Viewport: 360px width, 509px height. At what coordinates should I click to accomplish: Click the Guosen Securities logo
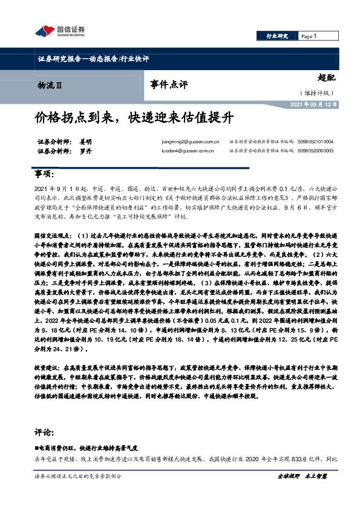59,31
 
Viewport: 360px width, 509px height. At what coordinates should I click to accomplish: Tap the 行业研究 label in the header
278,36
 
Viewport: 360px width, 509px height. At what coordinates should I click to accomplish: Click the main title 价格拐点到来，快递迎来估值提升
130,116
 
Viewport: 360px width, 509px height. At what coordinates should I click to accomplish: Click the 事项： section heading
45,174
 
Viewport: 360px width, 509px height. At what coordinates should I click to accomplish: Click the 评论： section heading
45,433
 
